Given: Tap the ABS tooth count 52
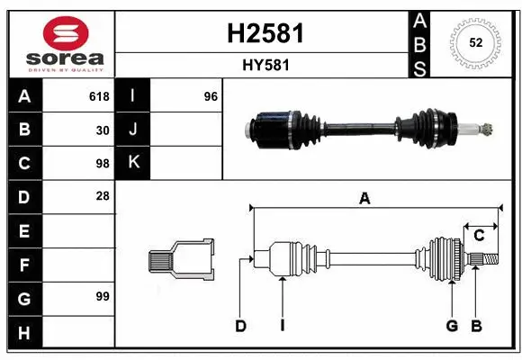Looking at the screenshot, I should pos(474,42).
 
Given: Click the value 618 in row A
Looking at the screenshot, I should pos(99,96).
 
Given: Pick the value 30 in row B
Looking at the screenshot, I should pos(103,130).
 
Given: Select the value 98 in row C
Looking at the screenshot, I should pos(102,163).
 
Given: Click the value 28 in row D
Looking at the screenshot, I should pos(103,196).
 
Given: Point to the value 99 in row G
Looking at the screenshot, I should pos(102,296).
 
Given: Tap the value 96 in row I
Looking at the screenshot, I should pos(211,96).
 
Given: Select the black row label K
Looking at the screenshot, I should pos(133,163).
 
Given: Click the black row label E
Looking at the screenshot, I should pos(24,231).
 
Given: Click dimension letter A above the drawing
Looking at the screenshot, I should pos(364,200).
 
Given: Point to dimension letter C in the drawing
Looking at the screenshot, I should pos(479,235).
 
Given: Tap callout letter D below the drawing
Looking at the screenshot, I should pos(240,326).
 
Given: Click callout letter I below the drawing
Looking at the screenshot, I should pos(282,326).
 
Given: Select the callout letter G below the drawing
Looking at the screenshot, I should pos(452,326).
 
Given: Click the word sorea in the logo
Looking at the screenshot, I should pos(60,58).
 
